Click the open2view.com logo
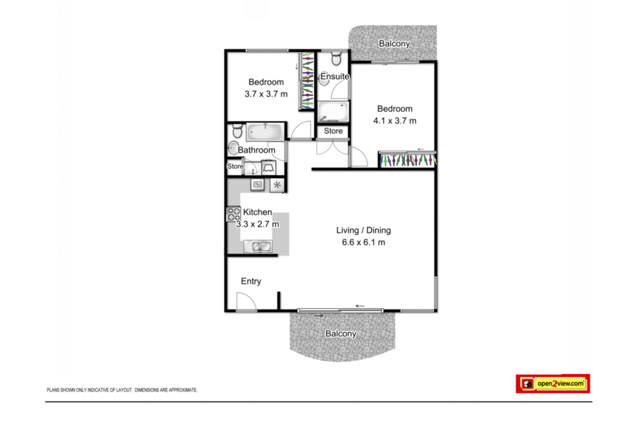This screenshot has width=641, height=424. [553, 383]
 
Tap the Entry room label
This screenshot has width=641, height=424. [251, 281]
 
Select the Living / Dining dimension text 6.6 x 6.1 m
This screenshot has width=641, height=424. [363, 243]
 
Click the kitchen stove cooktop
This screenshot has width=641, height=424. [233, 214]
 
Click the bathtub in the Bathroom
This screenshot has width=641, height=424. [265, 132]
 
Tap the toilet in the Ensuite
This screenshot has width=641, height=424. [336, 58]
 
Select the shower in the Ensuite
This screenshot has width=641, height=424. [333, 111]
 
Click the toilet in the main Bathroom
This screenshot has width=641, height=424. [237, 131]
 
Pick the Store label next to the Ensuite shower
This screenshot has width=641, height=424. [333, 131]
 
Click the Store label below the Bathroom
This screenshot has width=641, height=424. [235, 166]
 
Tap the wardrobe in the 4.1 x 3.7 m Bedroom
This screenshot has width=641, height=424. [407, 160]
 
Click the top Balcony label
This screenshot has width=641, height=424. [394, 44]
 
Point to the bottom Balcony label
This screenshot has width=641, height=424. [341, 333]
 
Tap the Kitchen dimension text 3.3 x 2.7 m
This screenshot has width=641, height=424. [258, 224]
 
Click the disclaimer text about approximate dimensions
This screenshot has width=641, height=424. [122, 390]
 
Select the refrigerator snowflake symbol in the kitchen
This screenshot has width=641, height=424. [277, 185]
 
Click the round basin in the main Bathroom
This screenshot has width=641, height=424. [233, 148]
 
